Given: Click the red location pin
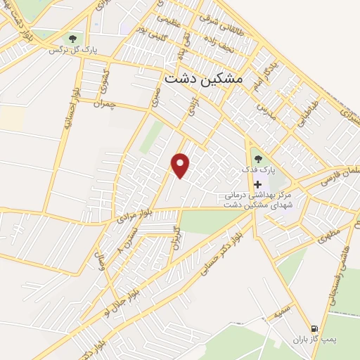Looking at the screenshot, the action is (181, 165).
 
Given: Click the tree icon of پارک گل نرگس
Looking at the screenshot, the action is (73, 39).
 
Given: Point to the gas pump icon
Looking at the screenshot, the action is (314, 328).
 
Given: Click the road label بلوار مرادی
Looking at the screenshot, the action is (125, 215).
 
